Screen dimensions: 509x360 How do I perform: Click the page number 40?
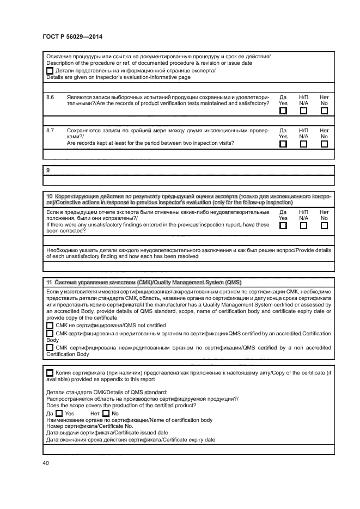coord(45,463)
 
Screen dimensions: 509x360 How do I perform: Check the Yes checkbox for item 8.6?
coord(283,111)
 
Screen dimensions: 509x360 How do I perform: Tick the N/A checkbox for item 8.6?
coord(303,111)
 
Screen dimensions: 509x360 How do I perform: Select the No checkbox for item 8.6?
coord(324,111)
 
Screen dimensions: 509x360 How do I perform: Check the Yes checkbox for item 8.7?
coord(283,144)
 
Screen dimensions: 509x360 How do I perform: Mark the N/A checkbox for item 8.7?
coord(303,144)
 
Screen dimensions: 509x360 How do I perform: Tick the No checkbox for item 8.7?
coord(324,144)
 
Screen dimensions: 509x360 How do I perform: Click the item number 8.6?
coord(50,96)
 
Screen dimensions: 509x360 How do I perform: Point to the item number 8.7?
coord(50,131)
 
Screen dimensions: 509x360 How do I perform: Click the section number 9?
coord(48,170)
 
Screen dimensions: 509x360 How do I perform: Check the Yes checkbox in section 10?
coord(283,225)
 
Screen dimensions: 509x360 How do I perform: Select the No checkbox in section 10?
coord(324,225)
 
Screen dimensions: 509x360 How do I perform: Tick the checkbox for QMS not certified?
coord(50,324)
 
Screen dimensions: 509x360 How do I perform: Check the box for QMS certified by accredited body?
coord(50,333)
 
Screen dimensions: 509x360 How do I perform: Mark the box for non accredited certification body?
coord(50,347)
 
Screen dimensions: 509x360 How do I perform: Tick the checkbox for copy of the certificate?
coord(50,372)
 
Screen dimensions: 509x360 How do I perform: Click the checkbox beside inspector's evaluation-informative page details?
coord(50,71)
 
